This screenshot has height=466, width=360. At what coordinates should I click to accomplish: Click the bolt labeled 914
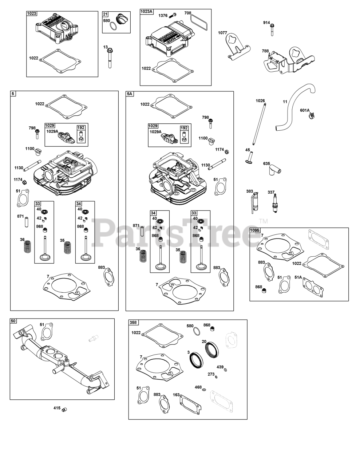[x=272, y=29]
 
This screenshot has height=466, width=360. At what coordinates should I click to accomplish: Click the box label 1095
[x=255, y=230]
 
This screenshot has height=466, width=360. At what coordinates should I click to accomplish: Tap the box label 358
[x=134, y=323]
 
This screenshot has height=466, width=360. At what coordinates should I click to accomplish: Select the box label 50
[x=13, y=321]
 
